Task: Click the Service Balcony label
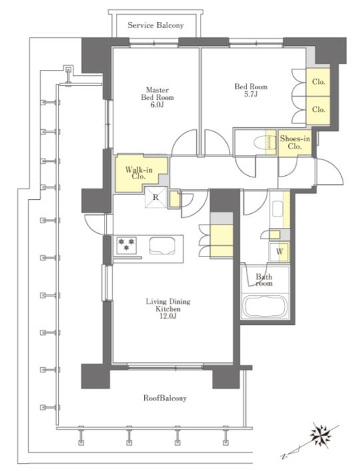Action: tap(155, 25)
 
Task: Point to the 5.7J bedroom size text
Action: tap(251, 95)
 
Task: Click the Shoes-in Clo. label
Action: tap(295, 143)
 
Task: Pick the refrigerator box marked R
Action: tap(155, 197)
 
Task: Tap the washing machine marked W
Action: tap(279, 252)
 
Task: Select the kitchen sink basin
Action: tap(162, 245)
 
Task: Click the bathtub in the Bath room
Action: tap(265, 306)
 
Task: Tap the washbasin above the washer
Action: tap(277, 209)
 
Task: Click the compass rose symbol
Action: tap(321, 434)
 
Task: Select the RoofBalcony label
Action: tap(165, 398)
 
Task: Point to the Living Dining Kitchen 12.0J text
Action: tap(168, 308)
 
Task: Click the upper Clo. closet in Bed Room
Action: tap(318, 82)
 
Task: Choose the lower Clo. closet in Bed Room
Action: tap(318, 110)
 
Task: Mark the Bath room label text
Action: tap(264, 280)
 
